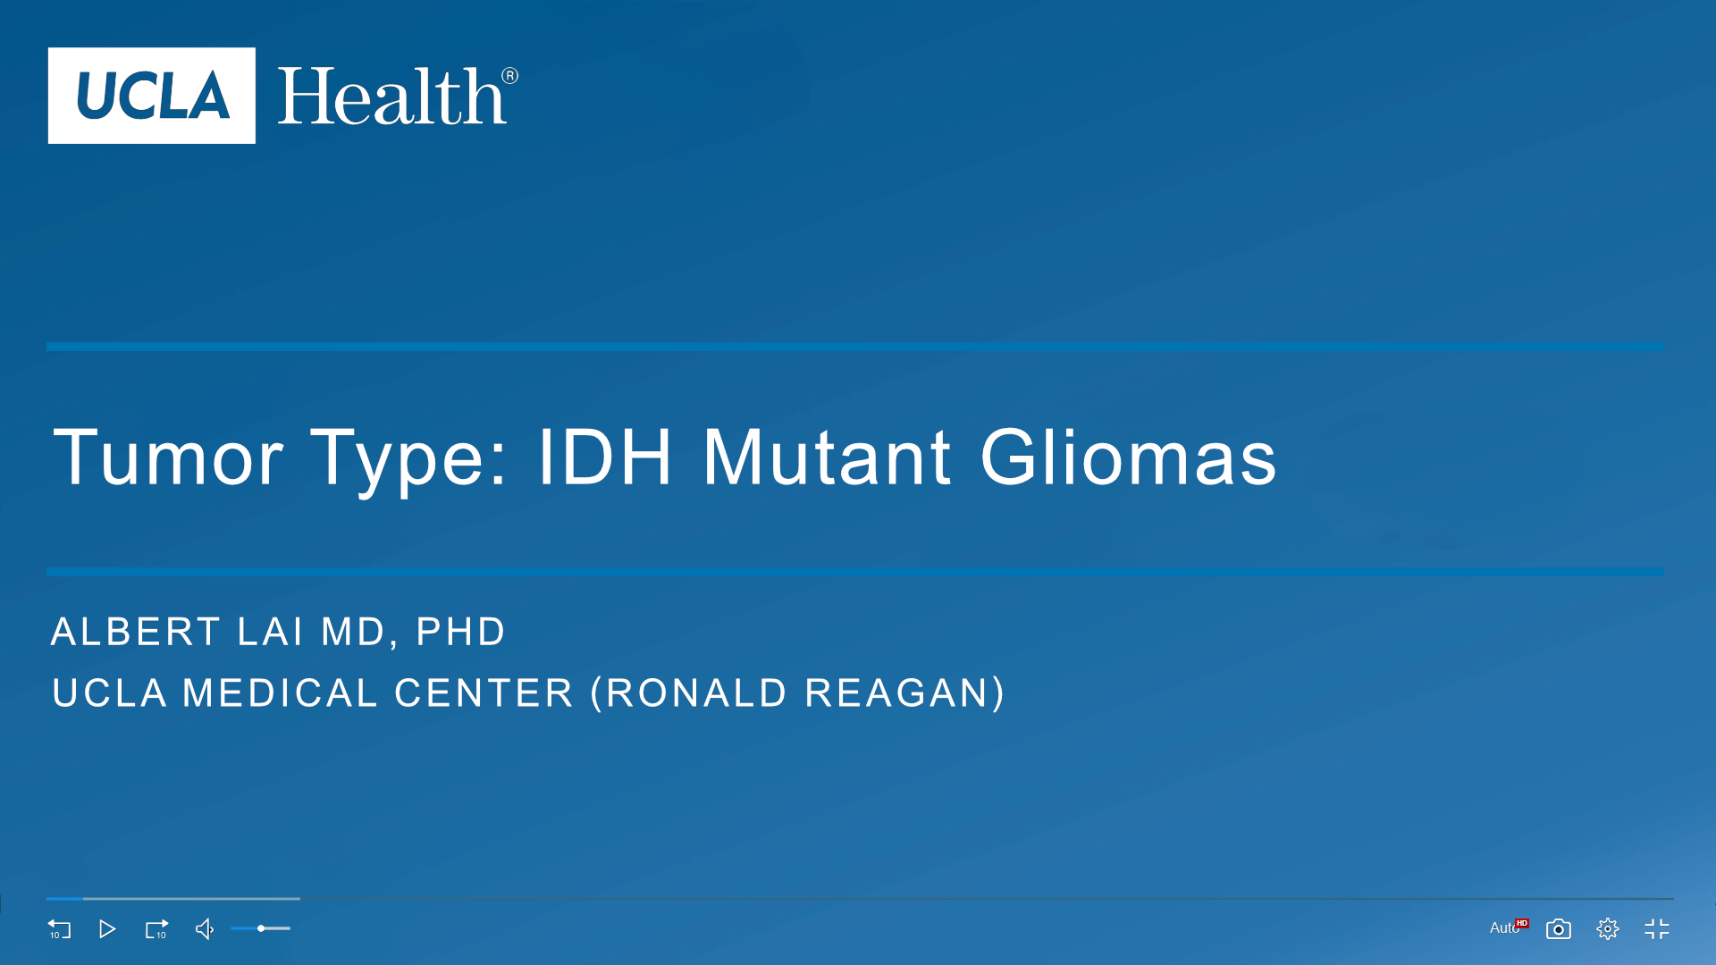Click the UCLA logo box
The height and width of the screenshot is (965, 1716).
[152, 96]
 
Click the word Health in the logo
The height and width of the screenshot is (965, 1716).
[391, 96]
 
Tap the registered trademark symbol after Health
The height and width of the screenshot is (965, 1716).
[509, 76]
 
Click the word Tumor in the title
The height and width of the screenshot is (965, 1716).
[168, 457]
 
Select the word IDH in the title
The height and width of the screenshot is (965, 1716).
[604, 457]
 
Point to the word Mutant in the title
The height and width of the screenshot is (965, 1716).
[827, 457]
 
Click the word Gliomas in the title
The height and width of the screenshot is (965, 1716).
[1129, 457]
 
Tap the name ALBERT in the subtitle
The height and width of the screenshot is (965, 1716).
[135, 632]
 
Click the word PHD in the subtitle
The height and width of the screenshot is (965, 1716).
[461, 632]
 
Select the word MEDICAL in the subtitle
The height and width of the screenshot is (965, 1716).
[280, 693]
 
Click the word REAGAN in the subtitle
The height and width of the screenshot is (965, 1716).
[897, 693]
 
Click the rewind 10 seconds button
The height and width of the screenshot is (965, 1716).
[59, 929]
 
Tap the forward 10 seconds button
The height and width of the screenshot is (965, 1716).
[156, 929]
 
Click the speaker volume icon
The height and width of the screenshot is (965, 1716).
[205, 929]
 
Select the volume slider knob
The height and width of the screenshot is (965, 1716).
[261, 928]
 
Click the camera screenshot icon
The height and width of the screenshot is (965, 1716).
[1559, 929]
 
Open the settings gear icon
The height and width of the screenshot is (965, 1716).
[1608, 929]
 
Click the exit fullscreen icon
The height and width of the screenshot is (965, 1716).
[1657, 929]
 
